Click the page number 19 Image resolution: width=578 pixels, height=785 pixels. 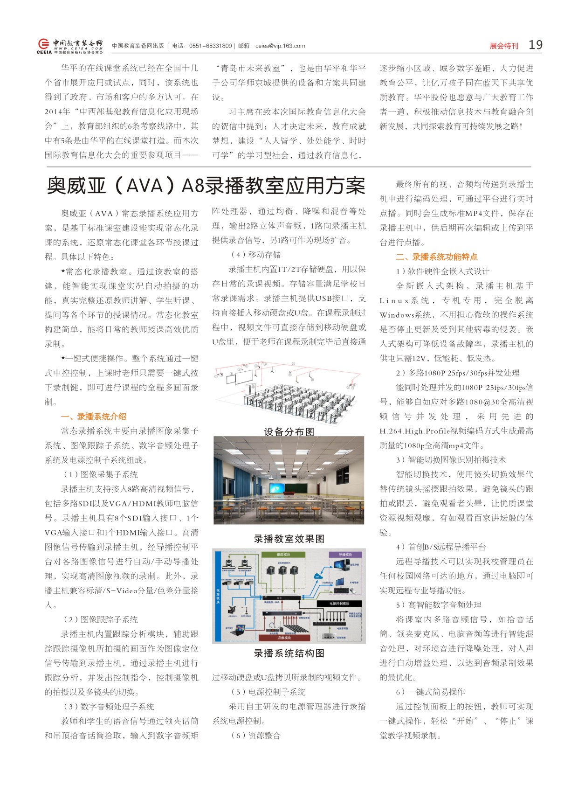pyautogui.click(x=535, y=45)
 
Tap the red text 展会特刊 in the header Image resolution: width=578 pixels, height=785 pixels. pyautogui.click(x=503, y=46)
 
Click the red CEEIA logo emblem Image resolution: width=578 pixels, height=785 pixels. pyautogui.click(x=43, y=44)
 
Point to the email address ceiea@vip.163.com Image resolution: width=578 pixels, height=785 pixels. pyautogui.click(x=280, y=46)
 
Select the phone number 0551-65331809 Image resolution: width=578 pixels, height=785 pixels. pyautogui.click(x=210, y=46)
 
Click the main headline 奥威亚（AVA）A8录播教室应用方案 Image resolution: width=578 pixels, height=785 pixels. pyautogui.click(x=206, y=186)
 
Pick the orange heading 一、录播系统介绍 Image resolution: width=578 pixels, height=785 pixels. pyautogui.click(x=94, y=417)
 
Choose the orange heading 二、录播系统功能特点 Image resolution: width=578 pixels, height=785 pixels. pyautogui.click(x=436, y=257)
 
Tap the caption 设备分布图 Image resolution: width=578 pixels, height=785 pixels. pyautogui.click(x=289, y=431)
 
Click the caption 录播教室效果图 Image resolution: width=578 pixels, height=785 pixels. pyautogui.click(x=289, y=539)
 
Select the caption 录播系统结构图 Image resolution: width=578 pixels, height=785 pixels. pyautogui.click(x=289, y=653)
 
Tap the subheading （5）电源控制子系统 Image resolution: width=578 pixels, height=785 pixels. pyautogui.click(x=268, y=692)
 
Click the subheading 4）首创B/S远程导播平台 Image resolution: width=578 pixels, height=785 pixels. pyautogui.click(x=440, y=547)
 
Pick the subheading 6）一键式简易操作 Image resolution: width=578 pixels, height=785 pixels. pyautogui.click(x=430, y=692)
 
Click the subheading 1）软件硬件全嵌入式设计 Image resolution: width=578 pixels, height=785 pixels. pyautogui.click(x=442, y=271)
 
